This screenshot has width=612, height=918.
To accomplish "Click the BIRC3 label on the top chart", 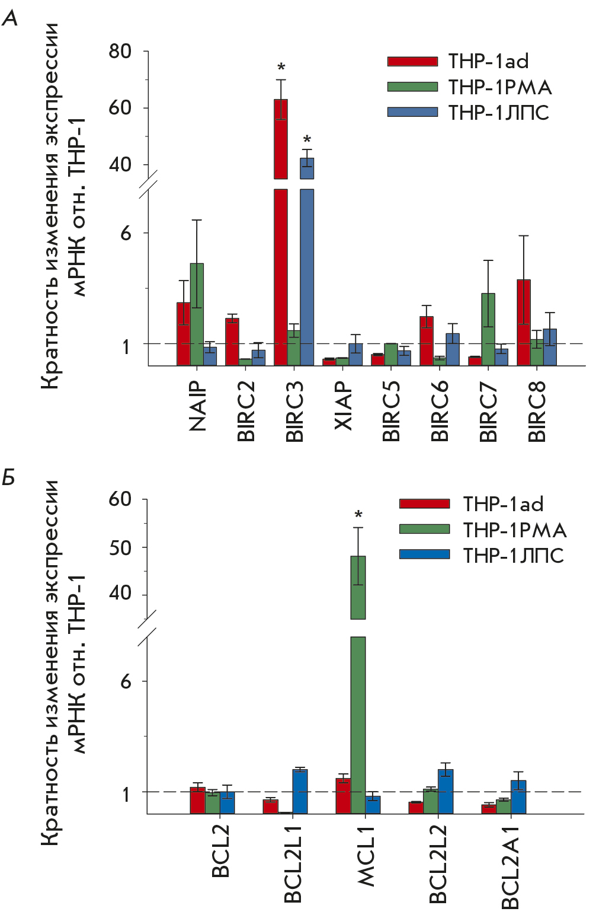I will point(294,412).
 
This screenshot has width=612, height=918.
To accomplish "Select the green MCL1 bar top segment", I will point(358,587).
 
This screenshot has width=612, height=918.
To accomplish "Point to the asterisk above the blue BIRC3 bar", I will point(307,140).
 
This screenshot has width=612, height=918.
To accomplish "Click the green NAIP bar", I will point(197,314).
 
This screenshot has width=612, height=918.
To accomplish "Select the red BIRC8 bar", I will point(524,323).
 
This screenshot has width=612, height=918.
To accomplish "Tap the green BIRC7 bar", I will point(488,329).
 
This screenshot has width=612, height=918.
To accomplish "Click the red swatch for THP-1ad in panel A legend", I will point(412,61).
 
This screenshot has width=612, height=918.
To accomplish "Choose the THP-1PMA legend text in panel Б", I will point(514,530).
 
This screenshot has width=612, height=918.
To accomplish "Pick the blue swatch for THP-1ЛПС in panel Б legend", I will point(424,554).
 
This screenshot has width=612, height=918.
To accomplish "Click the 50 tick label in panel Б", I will point(120,547).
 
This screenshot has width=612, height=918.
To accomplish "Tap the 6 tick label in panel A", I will point(126,233).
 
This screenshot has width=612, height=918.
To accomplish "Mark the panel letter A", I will point(9,19).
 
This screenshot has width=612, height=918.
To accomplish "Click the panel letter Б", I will point(9,477).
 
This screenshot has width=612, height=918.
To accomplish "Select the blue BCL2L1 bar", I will point(300,791).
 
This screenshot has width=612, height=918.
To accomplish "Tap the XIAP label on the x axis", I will point(344,406).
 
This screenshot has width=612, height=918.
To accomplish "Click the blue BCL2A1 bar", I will point(518,796).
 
